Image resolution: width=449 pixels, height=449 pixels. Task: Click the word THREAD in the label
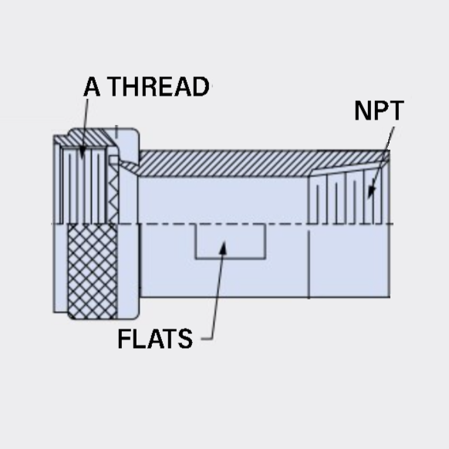[159, 86]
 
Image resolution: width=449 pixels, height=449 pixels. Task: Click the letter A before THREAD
[92, 86]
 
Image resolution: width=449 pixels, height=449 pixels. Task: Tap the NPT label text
[379, 110]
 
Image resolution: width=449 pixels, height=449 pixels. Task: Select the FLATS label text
[155, 339]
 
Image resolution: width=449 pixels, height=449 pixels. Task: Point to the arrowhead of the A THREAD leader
[83, 153]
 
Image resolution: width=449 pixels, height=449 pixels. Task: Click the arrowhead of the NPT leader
[371, 192]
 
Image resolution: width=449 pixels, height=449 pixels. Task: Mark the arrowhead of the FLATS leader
[223, 248]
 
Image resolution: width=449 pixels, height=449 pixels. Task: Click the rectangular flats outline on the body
[230, 258]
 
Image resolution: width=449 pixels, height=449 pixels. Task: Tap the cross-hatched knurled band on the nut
[93, 272]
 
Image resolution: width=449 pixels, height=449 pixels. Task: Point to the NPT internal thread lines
[346, 197]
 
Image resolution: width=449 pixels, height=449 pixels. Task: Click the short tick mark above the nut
[116, 131]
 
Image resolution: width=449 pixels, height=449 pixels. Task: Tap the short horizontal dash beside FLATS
[207, 339]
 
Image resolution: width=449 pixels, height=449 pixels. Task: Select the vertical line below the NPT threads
[309, 264]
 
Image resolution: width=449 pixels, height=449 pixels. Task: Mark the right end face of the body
[390, 224]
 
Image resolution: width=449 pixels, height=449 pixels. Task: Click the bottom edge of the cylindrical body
[265, 297]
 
